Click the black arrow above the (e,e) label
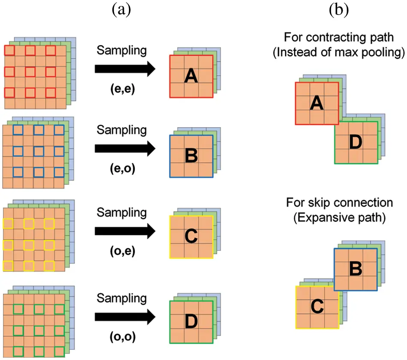point(124,69)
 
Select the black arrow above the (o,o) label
point(124,317)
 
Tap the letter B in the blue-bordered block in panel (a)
point(191,156)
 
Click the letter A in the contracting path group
point(317,103)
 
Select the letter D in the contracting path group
point(356,143)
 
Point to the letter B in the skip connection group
point(356,269)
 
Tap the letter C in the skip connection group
point(317,307)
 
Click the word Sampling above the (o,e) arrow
point(122,213)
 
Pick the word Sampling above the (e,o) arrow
point(122,129)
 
